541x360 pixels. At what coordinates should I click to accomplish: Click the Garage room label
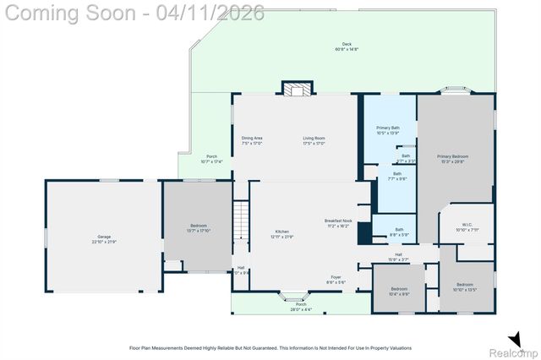[x=105, y=239]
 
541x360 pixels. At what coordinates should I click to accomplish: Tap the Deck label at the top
[x=347, y=47]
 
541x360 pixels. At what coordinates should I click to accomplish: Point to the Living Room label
[x=314, y=141]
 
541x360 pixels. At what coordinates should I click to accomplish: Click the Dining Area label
[x=252, y=141]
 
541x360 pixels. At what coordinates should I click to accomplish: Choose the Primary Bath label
[x=388, y=130]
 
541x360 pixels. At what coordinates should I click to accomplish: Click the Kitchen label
[x=258, y=234]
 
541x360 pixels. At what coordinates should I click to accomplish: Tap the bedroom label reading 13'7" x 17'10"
[x=198, y=229]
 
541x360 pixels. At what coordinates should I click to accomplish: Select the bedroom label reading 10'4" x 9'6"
[x=399, y=292]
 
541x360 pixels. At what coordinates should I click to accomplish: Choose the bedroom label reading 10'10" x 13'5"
[x=467, y=287]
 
